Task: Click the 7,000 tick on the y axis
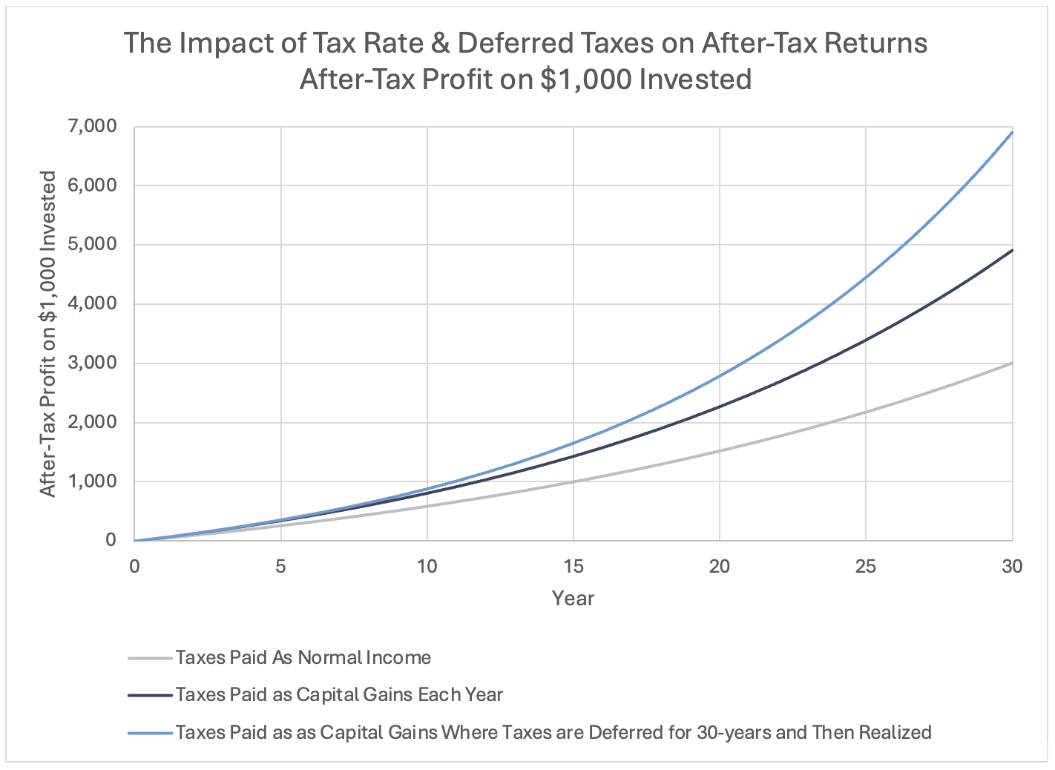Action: [92, 126]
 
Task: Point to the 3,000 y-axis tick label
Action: [92, 363]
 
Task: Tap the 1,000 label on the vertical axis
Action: [92, 481]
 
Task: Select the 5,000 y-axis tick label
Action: [92, 244]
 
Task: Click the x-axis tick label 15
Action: [573, 566]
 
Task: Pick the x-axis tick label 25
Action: [866, 566]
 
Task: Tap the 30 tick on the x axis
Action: [1012, 566]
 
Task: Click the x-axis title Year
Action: [573, 599]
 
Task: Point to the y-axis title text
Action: [47, 334]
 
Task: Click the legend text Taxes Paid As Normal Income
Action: [303, 657]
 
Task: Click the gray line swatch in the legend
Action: [150, 658]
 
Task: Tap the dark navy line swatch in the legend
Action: [150, 695]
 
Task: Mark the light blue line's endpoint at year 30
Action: [1012, 132]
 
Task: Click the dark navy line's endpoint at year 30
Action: [1012, 250]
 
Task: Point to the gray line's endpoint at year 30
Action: [1012, 363]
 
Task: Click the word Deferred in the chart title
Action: [516, 43]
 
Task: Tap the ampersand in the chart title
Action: [437, 43]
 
